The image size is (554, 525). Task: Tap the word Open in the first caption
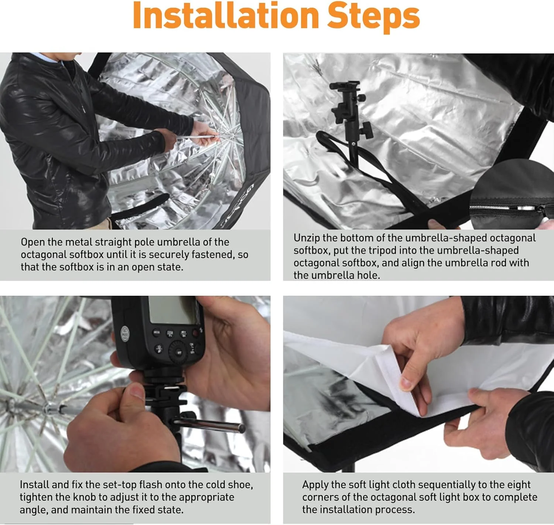click(33, 243)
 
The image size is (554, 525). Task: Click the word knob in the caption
click(84, 497)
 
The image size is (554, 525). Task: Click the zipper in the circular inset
click(507, 208)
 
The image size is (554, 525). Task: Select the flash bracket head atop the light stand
click(350, 109)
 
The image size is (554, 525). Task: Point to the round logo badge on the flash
click(125, 334)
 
